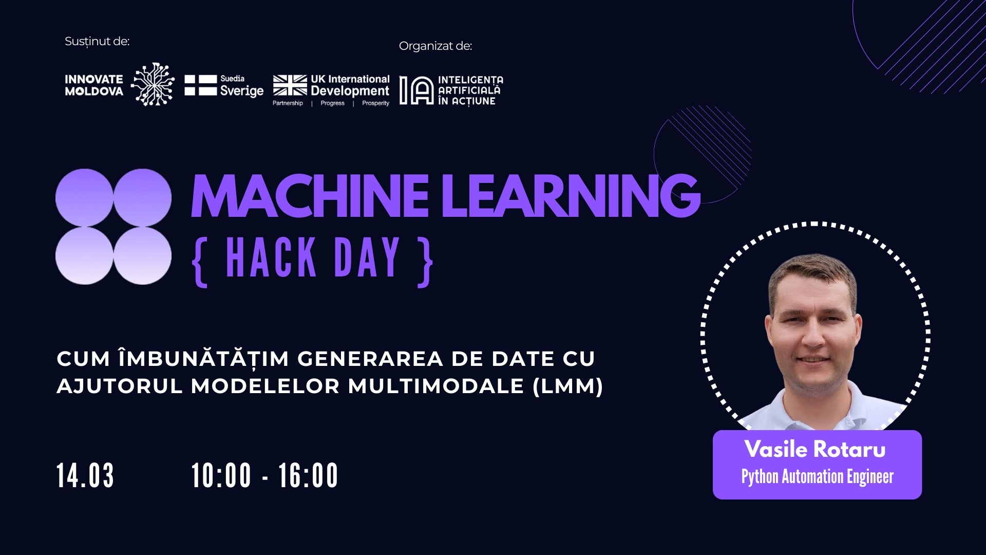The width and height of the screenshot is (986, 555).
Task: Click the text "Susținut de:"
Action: coord(97,42)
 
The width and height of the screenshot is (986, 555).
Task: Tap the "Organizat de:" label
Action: coord(435,46)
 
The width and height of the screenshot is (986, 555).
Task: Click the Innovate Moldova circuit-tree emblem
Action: coord(153,85)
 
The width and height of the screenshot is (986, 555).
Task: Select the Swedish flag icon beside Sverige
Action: coord(200,85)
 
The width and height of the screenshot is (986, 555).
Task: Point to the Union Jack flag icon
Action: coord(290,85)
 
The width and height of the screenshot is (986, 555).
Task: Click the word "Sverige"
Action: coord(241,91)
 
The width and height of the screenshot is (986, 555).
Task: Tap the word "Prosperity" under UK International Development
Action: coord(375,103)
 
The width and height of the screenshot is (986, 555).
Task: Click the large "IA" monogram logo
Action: coord(416,90)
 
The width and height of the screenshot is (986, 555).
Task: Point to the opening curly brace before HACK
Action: coord(200,262)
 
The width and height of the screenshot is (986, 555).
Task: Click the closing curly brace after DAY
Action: coord(426,262)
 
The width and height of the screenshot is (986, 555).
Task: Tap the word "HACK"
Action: coord(271,257)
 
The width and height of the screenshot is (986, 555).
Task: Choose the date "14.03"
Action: coord(85,475)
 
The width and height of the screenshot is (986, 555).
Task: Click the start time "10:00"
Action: coord(221,475)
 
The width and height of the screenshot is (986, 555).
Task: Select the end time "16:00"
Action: coord(308,475)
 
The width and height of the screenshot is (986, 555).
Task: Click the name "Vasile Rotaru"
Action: coord(815,450)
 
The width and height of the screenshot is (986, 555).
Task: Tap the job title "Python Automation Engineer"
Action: coord(817,477)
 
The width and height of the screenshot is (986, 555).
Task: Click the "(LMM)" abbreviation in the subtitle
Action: coord(567,386)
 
